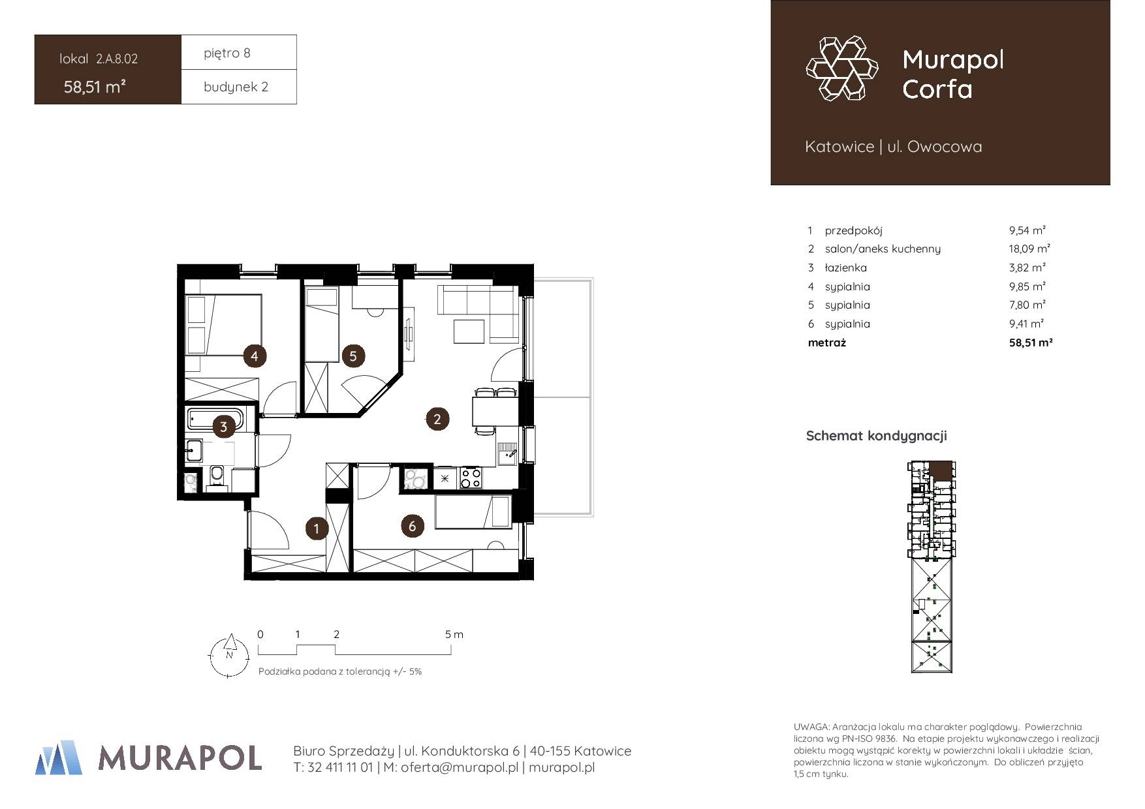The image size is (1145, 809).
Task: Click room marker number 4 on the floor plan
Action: pos(255,356)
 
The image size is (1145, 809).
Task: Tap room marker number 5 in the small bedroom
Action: pos(353,356)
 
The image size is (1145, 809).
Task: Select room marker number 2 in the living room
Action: pos(437,419)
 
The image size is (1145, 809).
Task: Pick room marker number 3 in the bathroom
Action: pos(223,427)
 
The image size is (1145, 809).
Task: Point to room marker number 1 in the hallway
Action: pos(317,528)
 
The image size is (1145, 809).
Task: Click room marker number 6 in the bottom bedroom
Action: pos(412,526)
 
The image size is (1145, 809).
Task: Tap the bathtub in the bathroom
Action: pos(215,419)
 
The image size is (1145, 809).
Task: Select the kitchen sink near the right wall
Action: pos(507,453)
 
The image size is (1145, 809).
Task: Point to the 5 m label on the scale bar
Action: pos(454,634)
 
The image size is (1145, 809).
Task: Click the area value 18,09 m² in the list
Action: pos(1029,249)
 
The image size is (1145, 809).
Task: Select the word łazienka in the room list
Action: pos(846,267)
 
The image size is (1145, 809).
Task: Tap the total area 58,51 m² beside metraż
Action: pos(1031,342)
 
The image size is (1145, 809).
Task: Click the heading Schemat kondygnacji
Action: pos(876,436)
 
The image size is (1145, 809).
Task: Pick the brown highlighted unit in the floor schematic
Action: pos(940,470)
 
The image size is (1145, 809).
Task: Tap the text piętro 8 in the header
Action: pos(227,53)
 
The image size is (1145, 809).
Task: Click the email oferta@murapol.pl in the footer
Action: pos(452,768)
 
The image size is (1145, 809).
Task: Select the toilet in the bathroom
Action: pos(217,476)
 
